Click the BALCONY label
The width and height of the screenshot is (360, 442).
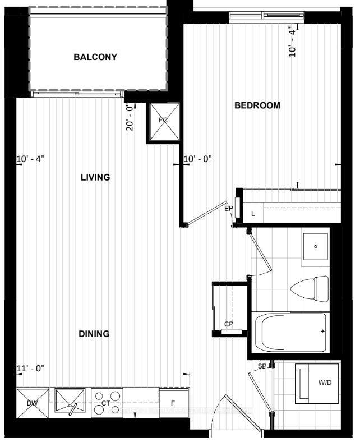(x=95, y=57)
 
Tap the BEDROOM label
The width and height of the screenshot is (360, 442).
(x=257, y=105)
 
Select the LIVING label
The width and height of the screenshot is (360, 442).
(x=95, y=177)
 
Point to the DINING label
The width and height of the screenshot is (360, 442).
(x=94, y=334)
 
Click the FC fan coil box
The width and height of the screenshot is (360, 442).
(x=163, y=121)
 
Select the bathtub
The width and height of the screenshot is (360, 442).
(x=290, y=331)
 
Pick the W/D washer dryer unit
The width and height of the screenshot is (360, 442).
(x=317, y=384)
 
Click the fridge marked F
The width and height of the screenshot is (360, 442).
(x=173, y=403)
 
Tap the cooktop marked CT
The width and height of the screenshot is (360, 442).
(x=106, y=403)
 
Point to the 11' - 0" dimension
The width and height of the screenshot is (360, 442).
(x=30, y=368)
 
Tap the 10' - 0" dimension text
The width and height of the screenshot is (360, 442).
(x=199, y=159)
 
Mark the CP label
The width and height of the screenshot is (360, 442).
(x=228, y=324)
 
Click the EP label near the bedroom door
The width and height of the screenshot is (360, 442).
(x=229, y=209)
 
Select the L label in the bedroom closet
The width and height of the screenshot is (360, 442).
(x=253, y=213)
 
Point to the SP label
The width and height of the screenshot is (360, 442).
(x=262, y=366)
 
